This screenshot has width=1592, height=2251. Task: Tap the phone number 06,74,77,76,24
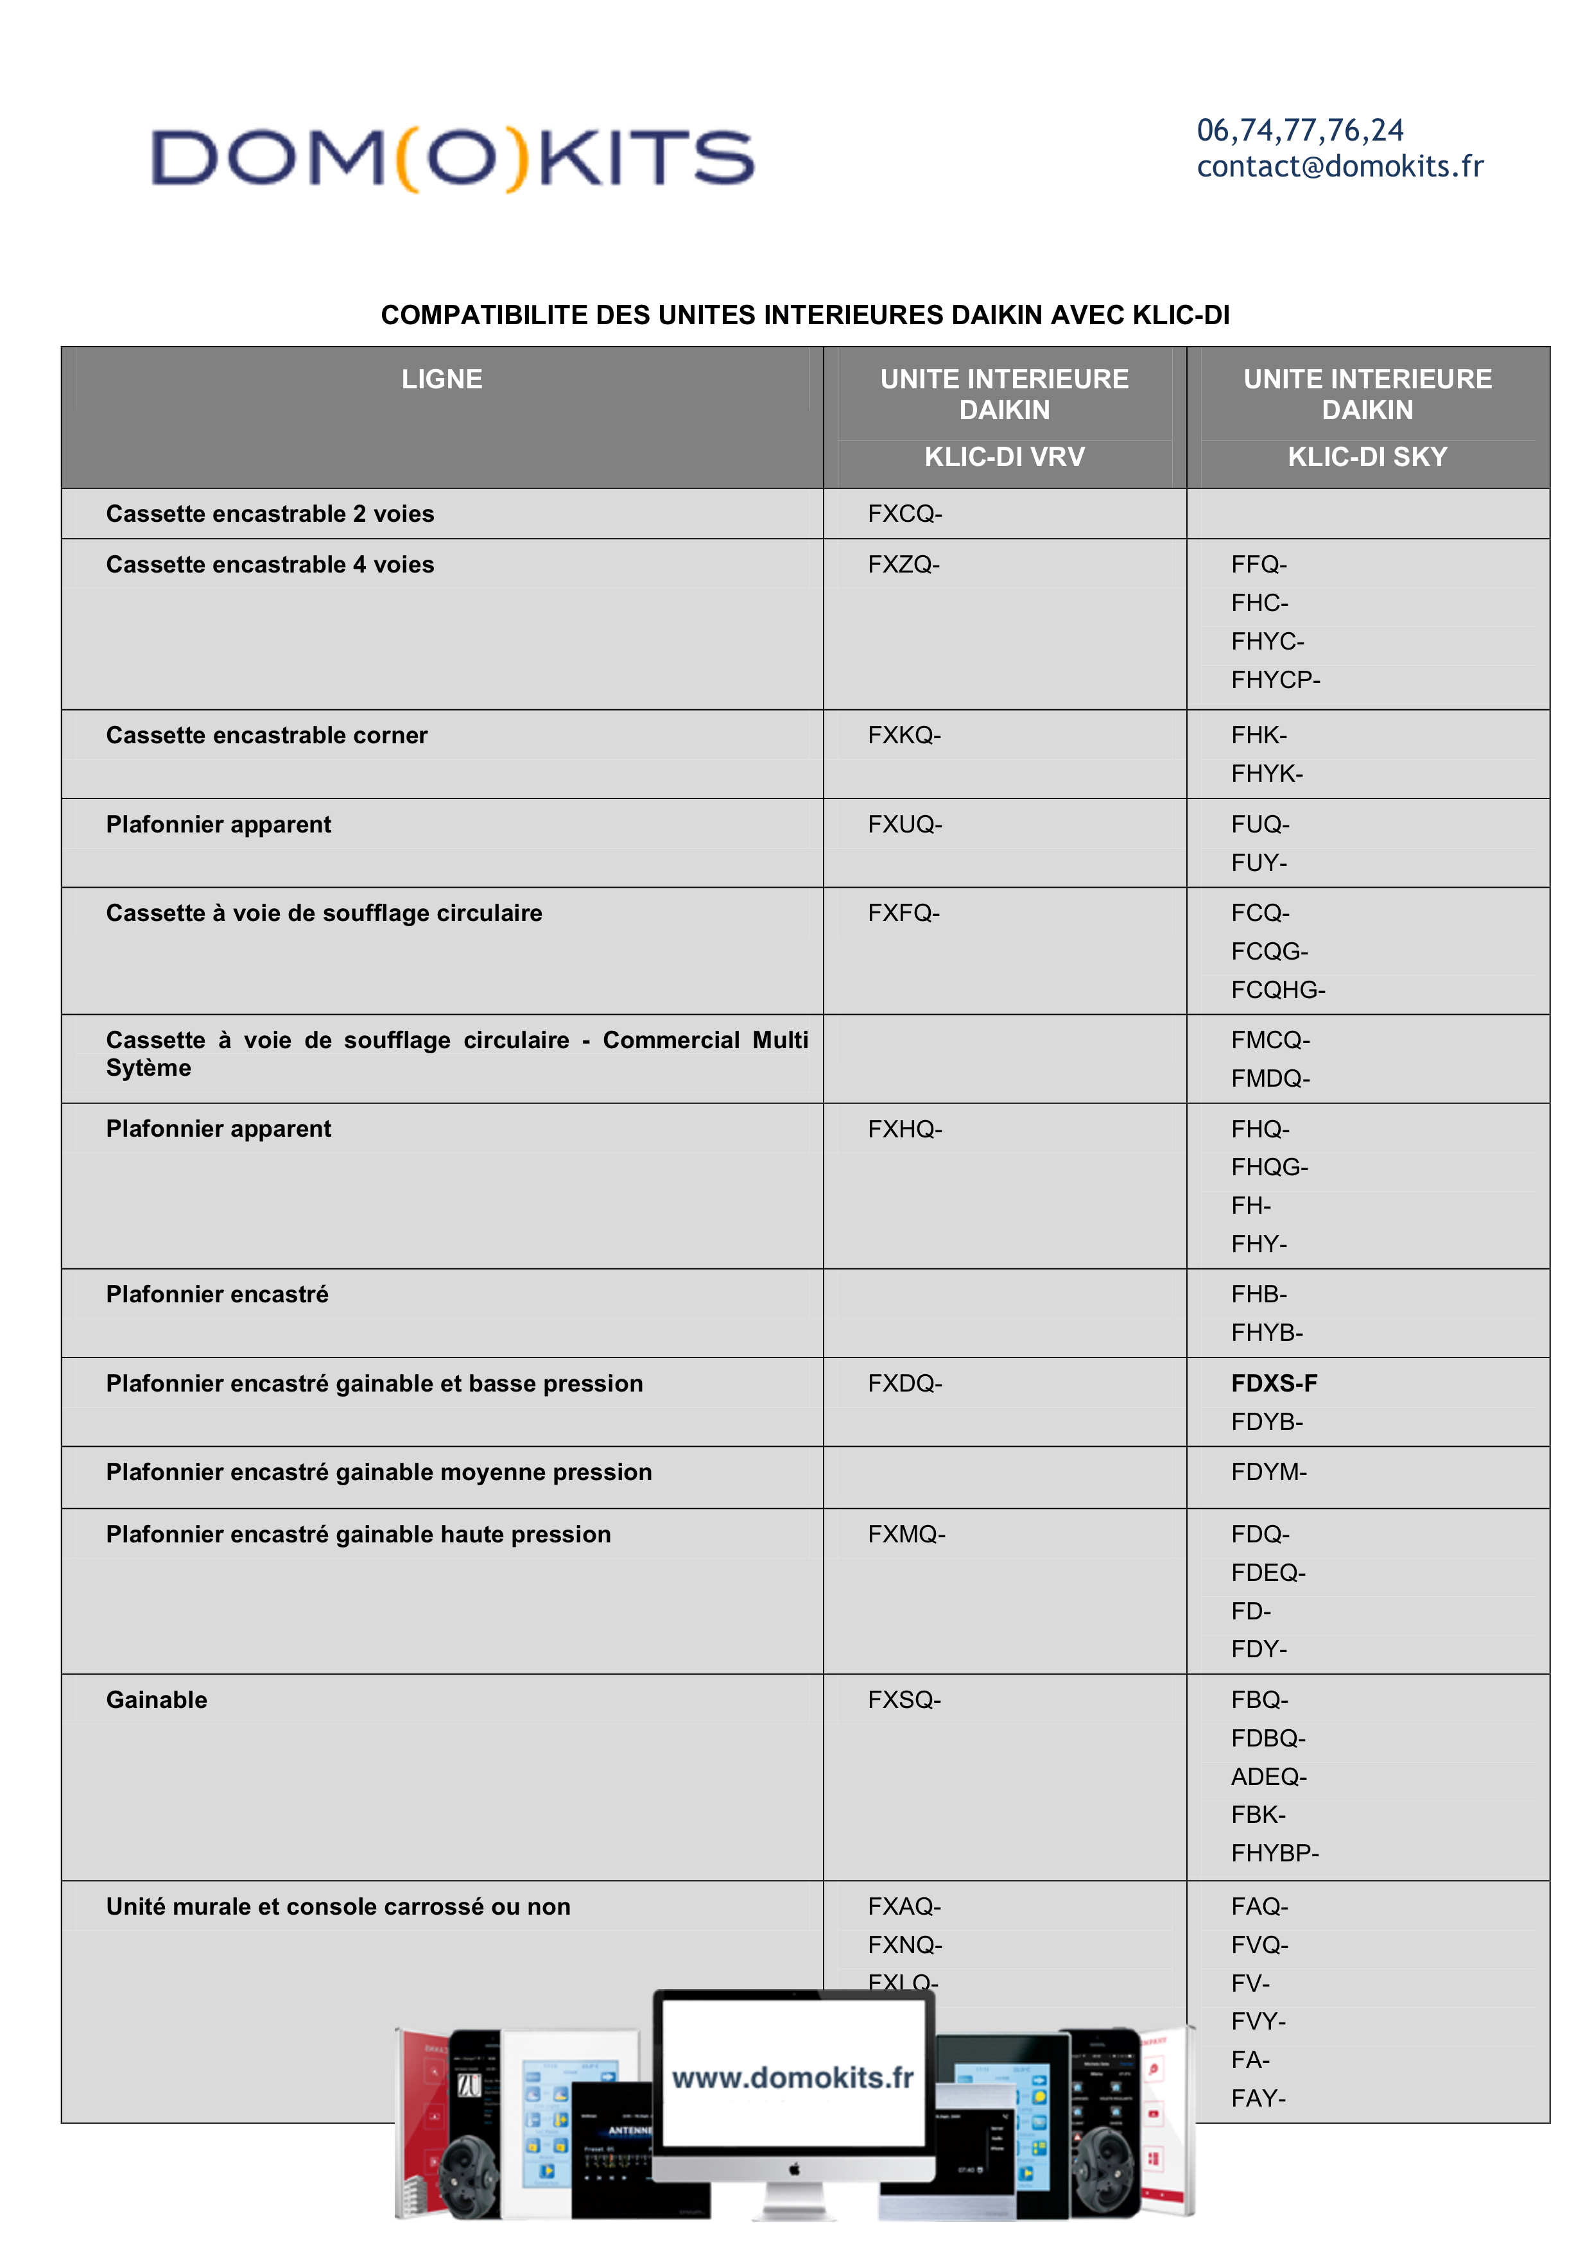(1300, 130)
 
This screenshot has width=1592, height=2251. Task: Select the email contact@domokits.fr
(1339, 167)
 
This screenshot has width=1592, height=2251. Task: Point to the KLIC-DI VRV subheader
(1004, 457)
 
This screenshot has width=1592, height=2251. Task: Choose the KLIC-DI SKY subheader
(1367, 457)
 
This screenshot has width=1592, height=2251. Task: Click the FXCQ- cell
(904, 513)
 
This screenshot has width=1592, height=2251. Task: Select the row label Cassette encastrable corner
(266, 736)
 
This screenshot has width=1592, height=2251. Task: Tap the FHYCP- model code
(1276, 680)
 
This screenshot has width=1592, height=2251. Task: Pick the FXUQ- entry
(904, 825)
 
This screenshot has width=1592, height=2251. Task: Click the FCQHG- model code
(1277, 990)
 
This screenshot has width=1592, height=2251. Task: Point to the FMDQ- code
(1270, 1078)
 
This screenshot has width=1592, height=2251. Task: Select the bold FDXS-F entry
(1274, 1383)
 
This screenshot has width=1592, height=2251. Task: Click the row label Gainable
(157, 1700)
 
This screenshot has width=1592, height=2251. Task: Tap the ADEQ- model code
(1268, 1777)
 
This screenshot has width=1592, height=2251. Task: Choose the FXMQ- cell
(906, 1534)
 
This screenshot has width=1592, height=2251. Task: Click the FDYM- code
(1268, 1472)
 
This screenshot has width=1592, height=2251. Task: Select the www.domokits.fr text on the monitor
(792, 2078)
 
